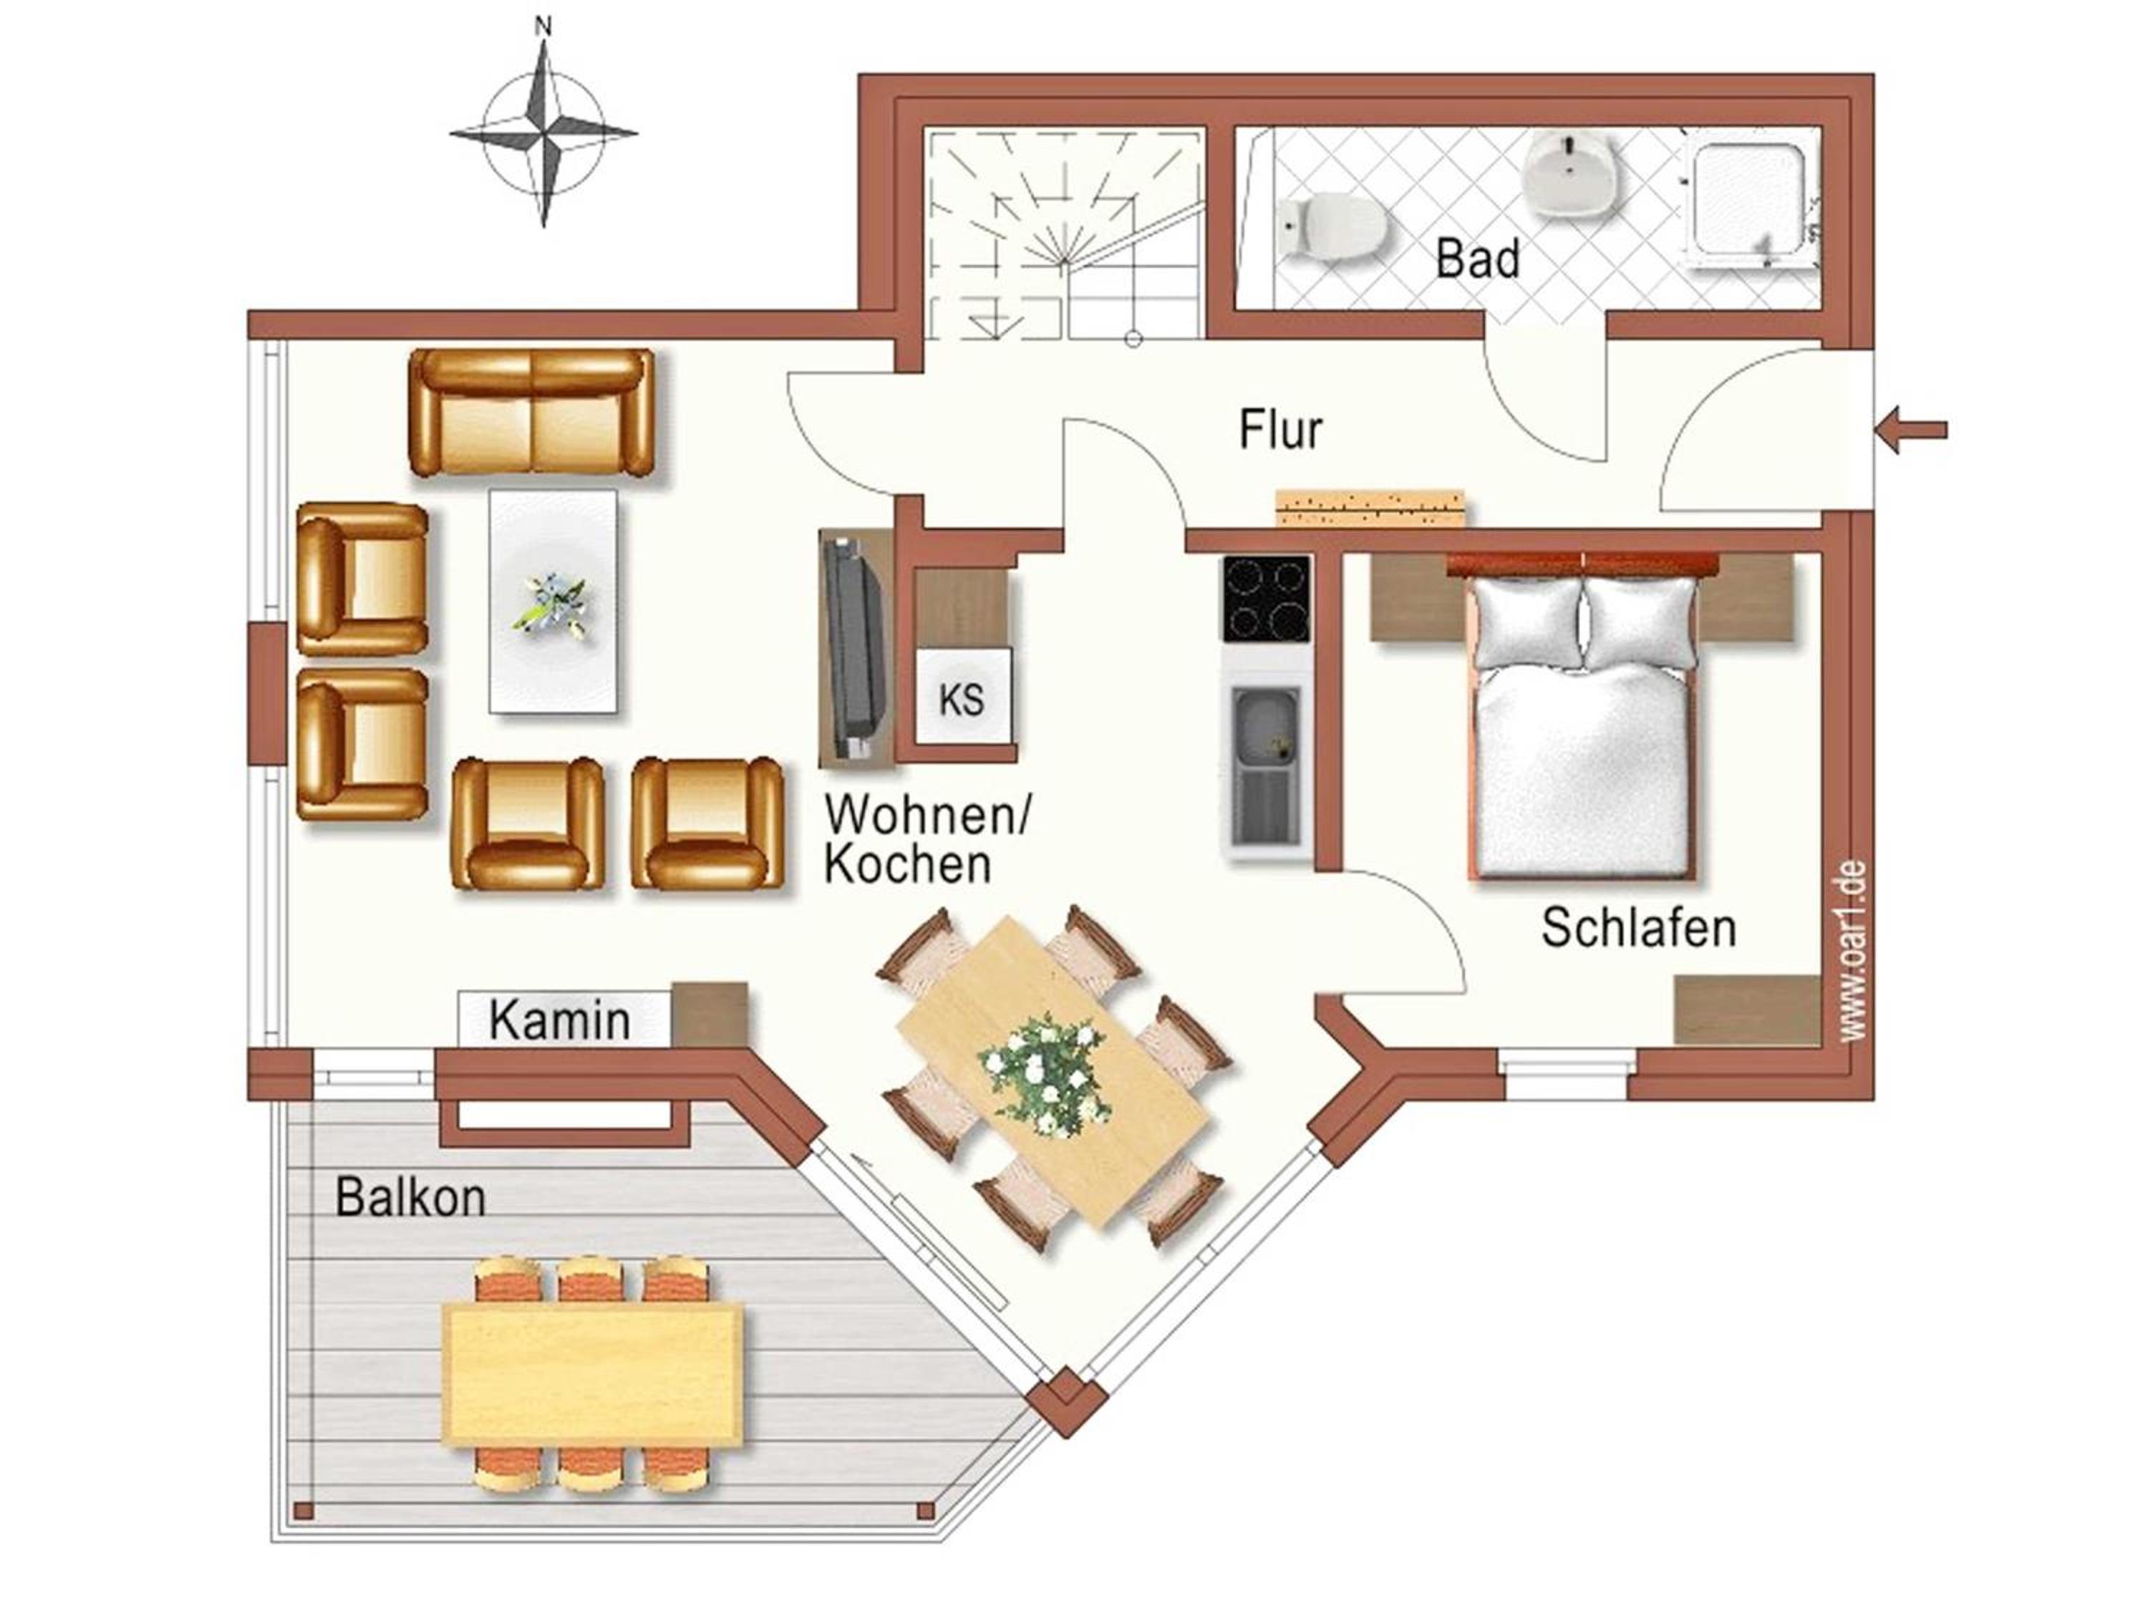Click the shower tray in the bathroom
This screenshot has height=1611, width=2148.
(1753, 206)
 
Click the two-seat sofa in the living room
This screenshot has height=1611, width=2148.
(532, 412)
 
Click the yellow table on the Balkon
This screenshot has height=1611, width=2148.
(592, 1375)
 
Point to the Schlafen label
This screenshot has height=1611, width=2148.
(1638, 927)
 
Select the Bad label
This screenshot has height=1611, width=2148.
(1477, 259)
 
